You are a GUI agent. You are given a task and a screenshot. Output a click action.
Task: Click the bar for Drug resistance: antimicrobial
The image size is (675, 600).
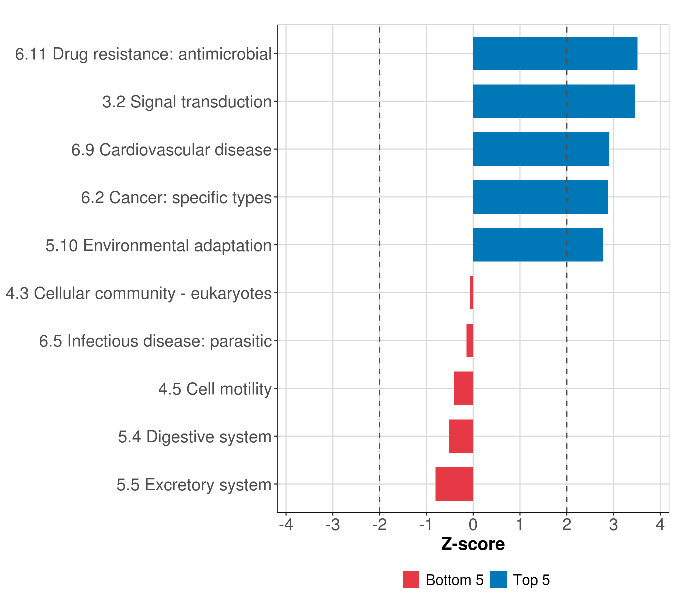555,53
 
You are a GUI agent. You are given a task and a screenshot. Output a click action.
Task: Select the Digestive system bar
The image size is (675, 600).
461,436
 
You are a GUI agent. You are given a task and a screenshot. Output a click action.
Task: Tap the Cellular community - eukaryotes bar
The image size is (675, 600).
471,292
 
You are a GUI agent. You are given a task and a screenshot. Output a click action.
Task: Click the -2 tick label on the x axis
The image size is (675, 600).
379,525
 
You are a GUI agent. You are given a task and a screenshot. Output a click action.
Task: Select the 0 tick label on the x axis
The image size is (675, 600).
473,525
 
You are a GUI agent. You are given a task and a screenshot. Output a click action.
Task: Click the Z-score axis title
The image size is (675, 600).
473,544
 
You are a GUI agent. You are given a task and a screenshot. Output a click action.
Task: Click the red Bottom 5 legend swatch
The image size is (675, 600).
411,579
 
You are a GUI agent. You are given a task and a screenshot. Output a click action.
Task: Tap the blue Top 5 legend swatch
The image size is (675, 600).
498,579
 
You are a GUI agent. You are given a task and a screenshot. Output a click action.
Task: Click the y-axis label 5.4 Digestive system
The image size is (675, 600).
195,437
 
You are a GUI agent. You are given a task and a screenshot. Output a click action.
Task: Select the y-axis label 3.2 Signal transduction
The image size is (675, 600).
187,102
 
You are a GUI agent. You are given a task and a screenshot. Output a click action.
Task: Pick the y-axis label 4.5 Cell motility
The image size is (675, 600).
215,389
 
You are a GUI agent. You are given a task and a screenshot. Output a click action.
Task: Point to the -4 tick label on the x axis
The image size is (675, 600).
286,525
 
